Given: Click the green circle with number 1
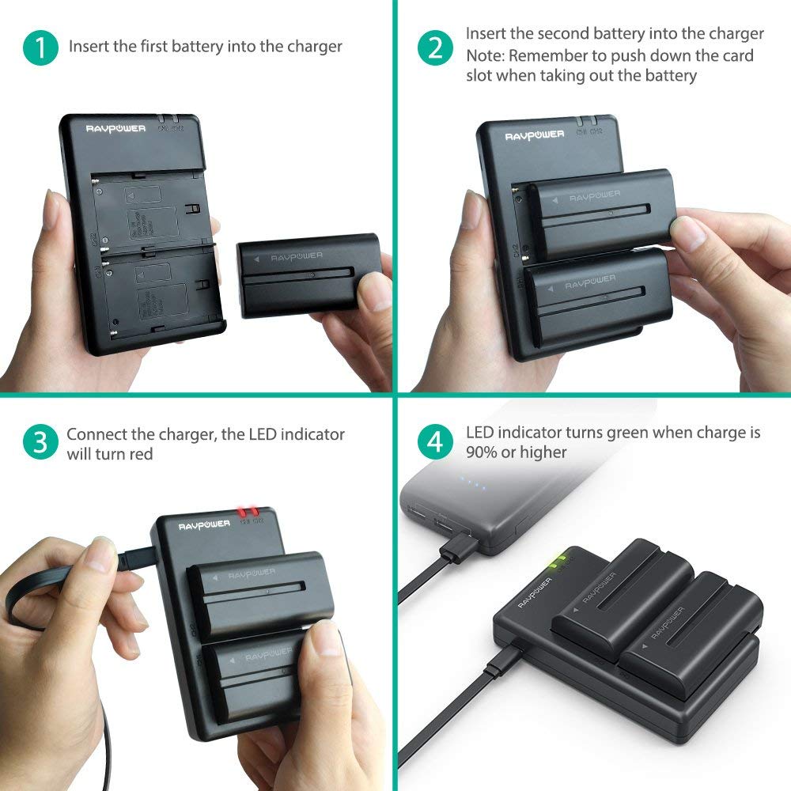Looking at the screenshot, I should point(40,47).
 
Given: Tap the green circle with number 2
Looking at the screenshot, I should point(434,47).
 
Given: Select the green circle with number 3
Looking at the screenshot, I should point(40,443).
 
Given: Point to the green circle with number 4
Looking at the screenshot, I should point(434,443).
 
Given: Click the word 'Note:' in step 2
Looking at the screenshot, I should point(485,55).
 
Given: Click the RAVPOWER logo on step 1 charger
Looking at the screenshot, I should point(115,127).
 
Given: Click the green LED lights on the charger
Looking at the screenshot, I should point(558,563).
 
